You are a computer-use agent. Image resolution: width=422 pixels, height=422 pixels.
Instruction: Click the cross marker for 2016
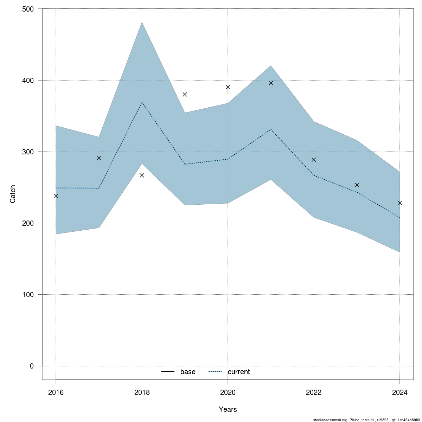[x=56, y=196]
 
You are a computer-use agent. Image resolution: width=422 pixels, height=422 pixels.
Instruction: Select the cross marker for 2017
[x=99, y=158]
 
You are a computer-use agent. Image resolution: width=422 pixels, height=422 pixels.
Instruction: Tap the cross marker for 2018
[x=142, y=175]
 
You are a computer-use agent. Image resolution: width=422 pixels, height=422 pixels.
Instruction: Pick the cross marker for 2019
[x=185, y=94]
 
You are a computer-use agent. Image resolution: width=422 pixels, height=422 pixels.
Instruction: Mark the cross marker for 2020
[x=228, y=87]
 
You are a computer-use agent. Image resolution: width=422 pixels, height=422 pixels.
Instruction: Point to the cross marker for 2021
[x=271, y=83]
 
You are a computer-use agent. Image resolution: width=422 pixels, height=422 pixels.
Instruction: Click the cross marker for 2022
[x=314, y=160]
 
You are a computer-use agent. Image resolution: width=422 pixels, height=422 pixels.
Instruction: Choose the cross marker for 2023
[x=357, y=185]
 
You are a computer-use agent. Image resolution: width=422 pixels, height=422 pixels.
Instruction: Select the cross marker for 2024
[x=399, y=203]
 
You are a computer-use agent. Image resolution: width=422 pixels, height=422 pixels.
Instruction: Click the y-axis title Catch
[x=13, y=194]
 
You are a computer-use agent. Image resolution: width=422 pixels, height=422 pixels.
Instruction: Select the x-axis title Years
[x=228, y=409]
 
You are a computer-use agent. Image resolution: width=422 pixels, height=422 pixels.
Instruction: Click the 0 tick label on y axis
[x=32, y=366]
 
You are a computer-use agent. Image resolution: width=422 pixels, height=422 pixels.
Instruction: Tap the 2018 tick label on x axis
[x=142, y=392]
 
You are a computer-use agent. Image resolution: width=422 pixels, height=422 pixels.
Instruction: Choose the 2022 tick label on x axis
[x=314, y=392]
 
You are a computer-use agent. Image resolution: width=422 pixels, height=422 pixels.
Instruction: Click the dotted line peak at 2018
[x=142, y=102]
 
